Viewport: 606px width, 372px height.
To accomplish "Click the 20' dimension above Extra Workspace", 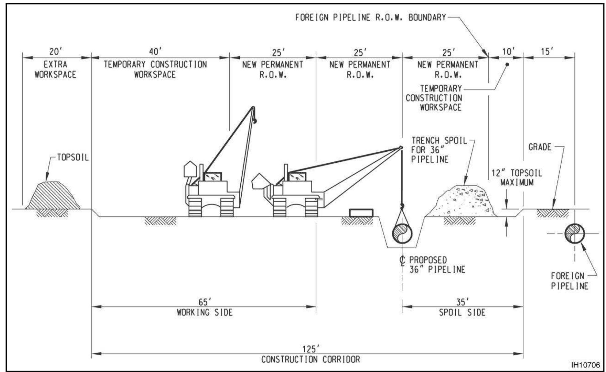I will [54, 51].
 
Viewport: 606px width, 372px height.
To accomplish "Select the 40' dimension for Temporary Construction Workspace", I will [155, 51].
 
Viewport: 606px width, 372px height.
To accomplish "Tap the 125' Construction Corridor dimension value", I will [311, 349].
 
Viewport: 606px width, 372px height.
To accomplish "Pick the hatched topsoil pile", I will [53, 196].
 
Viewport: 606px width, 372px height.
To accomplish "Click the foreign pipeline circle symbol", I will [574, 234].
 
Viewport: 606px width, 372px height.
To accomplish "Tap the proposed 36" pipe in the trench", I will [402, 234].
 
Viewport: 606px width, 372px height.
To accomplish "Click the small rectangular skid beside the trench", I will [361, 213].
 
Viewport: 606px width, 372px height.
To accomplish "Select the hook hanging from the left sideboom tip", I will [254, 121].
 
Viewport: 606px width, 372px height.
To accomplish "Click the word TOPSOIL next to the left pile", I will [73, 157].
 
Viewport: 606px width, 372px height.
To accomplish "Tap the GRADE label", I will [540, 147].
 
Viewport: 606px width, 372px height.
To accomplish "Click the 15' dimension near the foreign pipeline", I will [547, 51].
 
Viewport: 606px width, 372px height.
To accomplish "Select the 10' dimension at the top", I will [508, 51].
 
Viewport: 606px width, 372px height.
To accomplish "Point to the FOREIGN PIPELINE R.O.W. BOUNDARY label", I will [371, 17].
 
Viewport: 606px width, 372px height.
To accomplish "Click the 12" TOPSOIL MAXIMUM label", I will [517, 178].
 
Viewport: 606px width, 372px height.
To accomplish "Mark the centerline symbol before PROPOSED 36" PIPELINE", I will [402, 260].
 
